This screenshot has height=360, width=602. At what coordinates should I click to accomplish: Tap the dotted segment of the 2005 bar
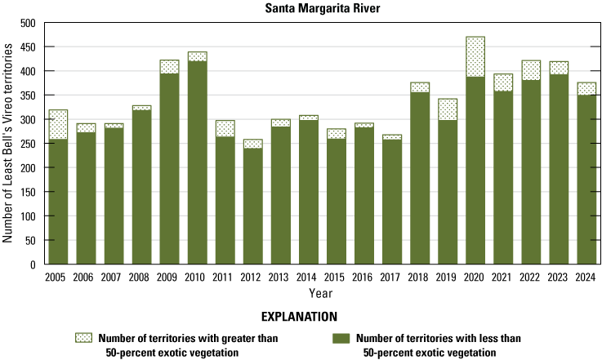tap(58, 124)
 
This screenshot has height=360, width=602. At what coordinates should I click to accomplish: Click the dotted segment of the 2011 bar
tap(225, 128)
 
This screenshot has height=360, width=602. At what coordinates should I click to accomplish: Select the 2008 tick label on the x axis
tap(141, 278)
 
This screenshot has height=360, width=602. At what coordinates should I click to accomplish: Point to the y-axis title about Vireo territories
tap(9, 144)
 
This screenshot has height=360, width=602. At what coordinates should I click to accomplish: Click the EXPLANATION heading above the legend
tap(301, 315)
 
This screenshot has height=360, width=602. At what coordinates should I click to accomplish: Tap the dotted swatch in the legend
tap(83, 337)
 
